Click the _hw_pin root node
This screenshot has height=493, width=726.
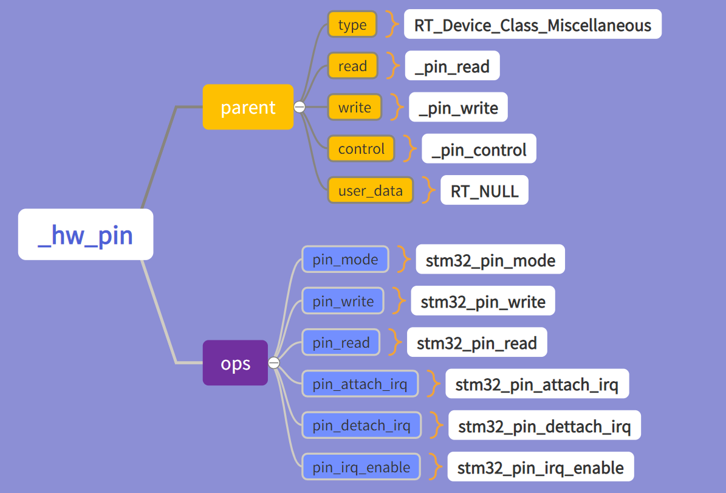[x=86, y=235]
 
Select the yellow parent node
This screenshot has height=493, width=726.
[x=248, y=107]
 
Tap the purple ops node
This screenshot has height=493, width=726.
[x=235, y=363]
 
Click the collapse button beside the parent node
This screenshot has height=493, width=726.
[x=300, y=107]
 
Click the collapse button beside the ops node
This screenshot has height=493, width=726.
[x=274, y=363]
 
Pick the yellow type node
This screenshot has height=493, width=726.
[x=352, y=24]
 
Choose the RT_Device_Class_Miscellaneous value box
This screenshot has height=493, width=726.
[x=532, y=24]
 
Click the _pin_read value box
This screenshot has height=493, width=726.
[x=452, y=66]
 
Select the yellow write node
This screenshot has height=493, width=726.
[x=355, y=108]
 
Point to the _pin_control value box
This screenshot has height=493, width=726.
[x=479, y=149]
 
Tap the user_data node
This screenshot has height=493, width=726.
[x=370, y=190]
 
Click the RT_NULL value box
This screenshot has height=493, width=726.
[x=484, y=190]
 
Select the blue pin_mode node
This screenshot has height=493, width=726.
[x=345, y=260]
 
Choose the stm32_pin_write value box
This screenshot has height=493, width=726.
[x=483, y=301]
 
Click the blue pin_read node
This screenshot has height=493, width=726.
[x=341, y=342]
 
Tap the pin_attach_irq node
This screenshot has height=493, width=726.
[x=360, y=384]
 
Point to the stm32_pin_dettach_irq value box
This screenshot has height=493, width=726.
[x=544, y=425]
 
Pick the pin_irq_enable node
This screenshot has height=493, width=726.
[x=361, y=467]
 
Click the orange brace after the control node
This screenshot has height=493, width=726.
[x=410, y=149]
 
